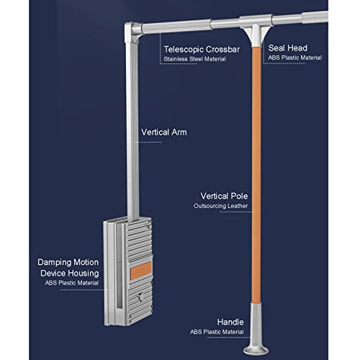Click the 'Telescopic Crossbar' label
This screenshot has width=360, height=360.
coord(202,50)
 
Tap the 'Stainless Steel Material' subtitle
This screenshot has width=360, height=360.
coord(194,59)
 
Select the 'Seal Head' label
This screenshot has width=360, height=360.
coord(288,48)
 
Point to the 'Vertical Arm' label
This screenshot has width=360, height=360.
coord(164,132)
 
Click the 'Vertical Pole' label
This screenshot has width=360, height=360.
coord(224,196)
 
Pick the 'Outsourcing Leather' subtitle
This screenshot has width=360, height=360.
coord(221,206)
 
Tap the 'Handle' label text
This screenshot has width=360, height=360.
coord(230,322)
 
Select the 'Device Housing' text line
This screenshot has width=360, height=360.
coord(70,273)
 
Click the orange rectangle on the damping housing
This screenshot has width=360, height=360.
coord(141,271)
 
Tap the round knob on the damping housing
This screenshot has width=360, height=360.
coord(140,297)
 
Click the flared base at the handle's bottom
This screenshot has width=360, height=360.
coord(256,350)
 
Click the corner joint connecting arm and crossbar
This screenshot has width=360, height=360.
coord(132,32)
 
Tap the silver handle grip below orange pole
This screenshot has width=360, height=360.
coord(256,323)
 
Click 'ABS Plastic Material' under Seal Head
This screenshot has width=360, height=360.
coord(295,58)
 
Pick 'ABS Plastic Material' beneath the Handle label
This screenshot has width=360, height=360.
coord(217,332)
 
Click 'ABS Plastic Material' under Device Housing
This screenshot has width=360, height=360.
coord(72,283)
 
